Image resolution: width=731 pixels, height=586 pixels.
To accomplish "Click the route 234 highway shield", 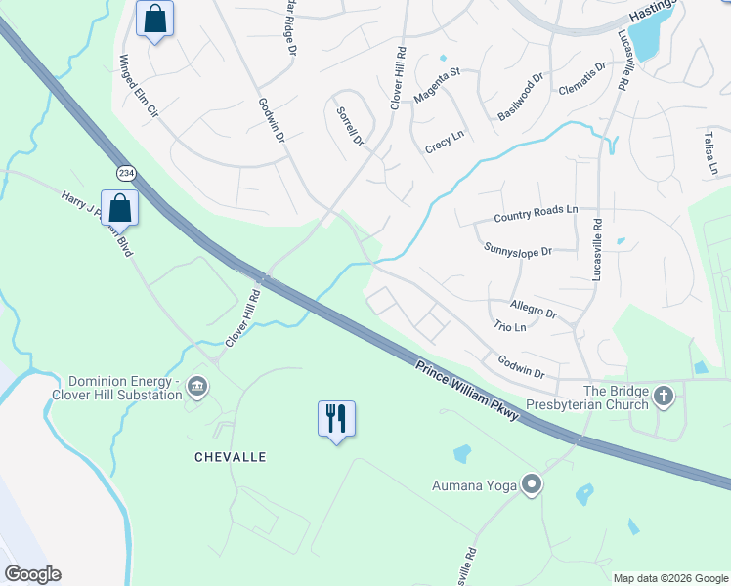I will (126, 172).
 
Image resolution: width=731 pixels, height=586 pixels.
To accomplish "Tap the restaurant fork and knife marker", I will (336, 419).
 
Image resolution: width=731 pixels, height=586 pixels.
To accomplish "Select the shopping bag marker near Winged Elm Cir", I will (154, 19).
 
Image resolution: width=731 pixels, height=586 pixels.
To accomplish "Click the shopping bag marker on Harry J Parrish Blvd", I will (119, 208).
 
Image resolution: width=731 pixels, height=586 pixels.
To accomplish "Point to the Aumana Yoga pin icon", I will (532, 484).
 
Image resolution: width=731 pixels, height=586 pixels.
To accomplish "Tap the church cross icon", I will (664, 397).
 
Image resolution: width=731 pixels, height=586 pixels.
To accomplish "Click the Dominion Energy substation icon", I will (198, 388).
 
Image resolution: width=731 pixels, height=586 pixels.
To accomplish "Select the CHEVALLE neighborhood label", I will (231, 457).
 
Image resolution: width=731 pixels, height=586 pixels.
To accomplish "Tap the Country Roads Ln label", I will (536, 215).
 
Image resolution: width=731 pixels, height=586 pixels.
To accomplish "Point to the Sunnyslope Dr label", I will (518, 250).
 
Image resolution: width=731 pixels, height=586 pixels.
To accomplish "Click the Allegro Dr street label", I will (533, 310).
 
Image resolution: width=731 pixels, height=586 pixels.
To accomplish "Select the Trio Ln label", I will (510, 326).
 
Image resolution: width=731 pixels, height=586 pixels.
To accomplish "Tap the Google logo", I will (32, 574).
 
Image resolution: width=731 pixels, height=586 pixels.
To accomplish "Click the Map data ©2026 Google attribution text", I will (669, 578).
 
